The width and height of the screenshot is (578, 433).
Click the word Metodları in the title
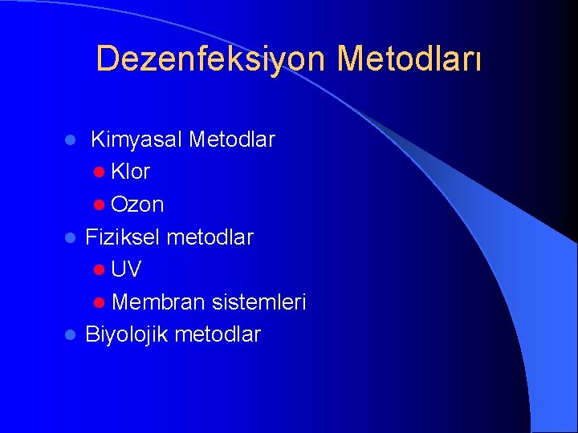tap(409, 59)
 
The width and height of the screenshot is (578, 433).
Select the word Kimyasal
tap(136, 140)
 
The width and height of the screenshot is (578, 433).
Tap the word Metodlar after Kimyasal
tap(231, 140)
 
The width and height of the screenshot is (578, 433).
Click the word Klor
tap(130, 172)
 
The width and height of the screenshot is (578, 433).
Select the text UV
tap(127, 269)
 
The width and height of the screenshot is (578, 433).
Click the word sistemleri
tap(258, 302)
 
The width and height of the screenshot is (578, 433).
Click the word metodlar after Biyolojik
tap(217, 334)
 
